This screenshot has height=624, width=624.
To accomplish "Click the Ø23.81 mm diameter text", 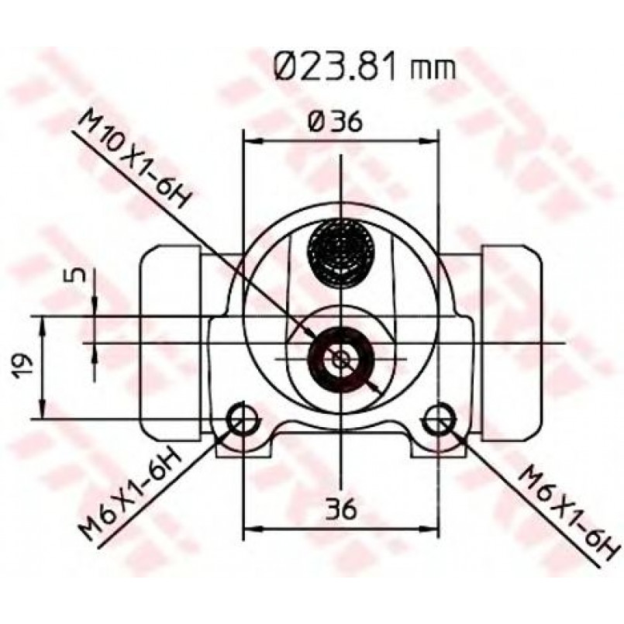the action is click(x=364, y=67).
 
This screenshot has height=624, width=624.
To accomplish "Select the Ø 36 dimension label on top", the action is click(x=335, y=122).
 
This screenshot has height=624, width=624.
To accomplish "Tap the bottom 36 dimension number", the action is click(x=340, y=509).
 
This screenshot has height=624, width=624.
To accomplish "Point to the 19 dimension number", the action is click(x=21, y=366).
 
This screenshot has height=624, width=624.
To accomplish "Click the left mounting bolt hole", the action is click(x=241, y=419).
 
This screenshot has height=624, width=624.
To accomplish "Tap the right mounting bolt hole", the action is click(x=438, y=419).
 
